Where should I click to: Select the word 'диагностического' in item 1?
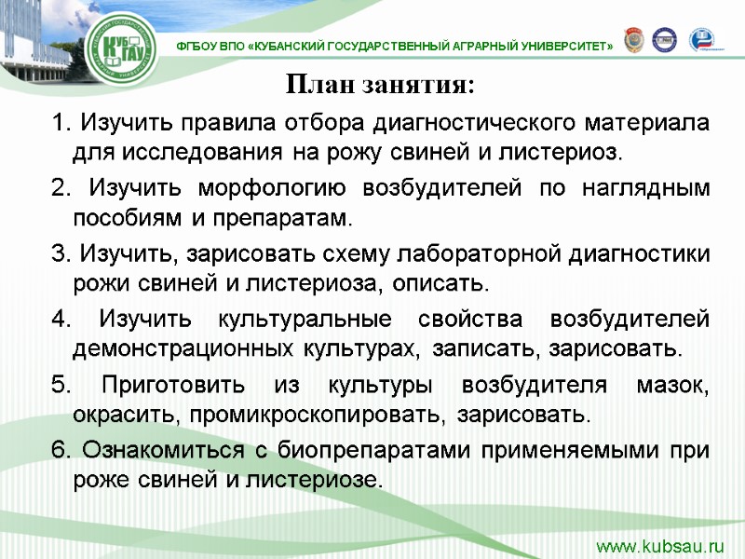(479, 122)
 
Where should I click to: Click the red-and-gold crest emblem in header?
(633, 40)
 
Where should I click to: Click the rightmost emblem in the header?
(703, 40)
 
